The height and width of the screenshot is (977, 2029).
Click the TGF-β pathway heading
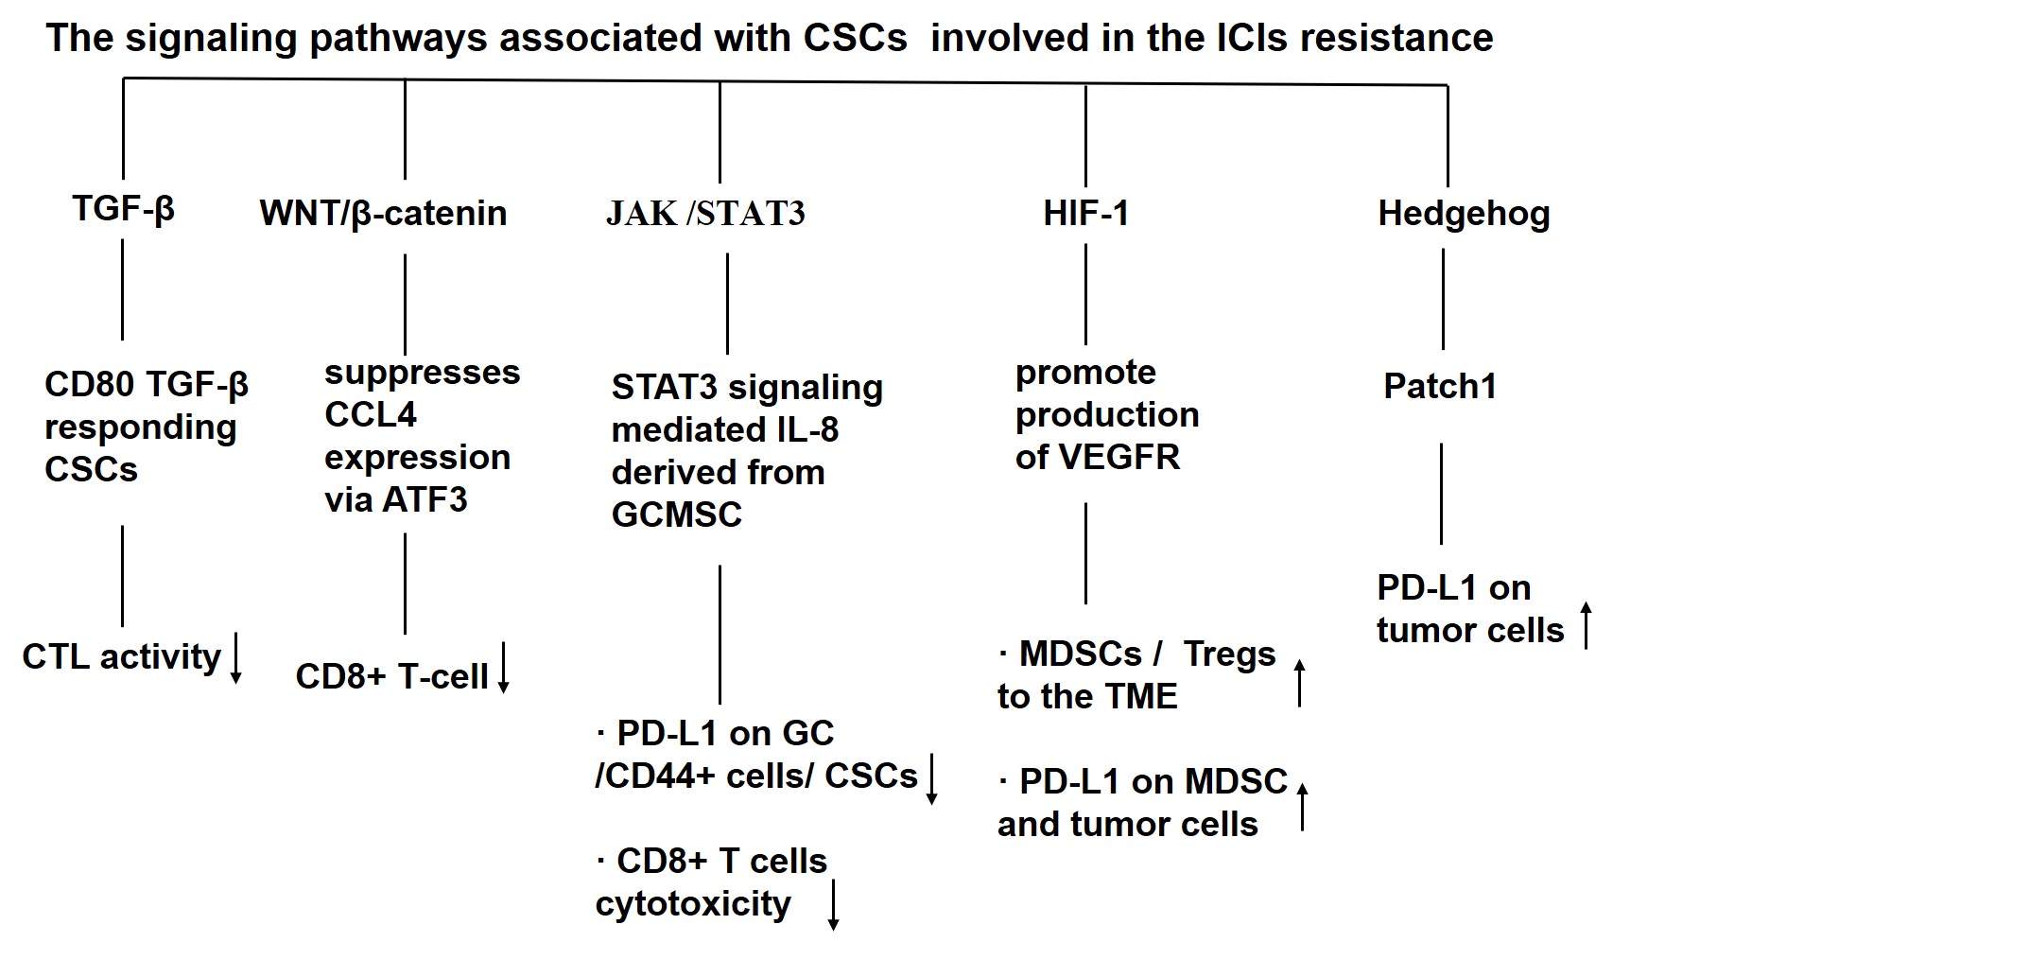point(123,208)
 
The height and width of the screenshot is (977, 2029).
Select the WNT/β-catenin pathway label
point(383,214)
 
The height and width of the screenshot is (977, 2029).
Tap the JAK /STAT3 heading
point(705,214)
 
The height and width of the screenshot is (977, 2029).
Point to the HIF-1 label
point(1085,214)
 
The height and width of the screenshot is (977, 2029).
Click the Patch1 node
point(1440,387)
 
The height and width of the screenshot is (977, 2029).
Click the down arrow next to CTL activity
point(235,658)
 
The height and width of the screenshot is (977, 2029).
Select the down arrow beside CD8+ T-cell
point(504,668)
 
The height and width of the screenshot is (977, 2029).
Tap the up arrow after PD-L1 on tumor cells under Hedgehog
point(1587,625)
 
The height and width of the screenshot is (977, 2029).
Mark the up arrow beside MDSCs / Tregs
point(1300,683)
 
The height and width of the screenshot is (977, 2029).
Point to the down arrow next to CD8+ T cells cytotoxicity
point(833,905)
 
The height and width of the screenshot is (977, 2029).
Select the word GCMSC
point(677,515)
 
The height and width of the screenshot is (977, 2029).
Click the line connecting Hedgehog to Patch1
point(1443,299)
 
